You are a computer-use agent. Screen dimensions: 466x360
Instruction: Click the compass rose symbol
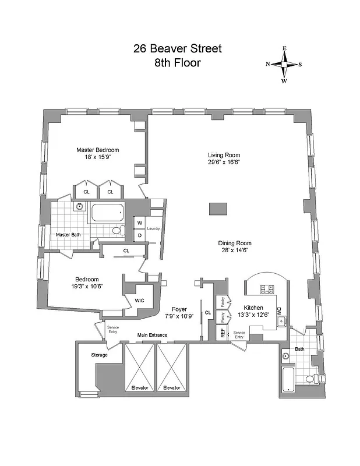[284, 65]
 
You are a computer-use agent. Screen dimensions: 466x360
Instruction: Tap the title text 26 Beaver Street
[178, 48]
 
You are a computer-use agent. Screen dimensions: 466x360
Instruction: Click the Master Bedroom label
[97, 150]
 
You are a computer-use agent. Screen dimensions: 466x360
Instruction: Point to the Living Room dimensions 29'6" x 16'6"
[224, 162]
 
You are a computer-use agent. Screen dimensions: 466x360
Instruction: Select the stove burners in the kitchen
[267, 288]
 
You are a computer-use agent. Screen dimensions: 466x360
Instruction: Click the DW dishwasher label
[279, 311]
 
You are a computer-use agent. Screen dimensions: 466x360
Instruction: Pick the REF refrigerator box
[222, 333]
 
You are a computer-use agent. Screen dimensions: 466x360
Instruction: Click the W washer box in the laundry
[140, 223]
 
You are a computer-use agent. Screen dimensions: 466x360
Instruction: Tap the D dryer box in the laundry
[140, 235]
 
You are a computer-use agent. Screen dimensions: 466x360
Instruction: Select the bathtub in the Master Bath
[108, 213]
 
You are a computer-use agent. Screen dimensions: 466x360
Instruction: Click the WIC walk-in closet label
[139, 301]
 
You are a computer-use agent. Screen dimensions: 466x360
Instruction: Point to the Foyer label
[179, 309]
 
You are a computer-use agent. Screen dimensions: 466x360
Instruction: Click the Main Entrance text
[152, 335]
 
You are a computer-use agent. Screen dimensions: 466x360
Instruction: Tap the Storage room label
[100, 355]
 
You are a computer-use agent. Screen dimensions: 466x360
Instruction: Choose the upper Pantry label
[222, 302]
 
